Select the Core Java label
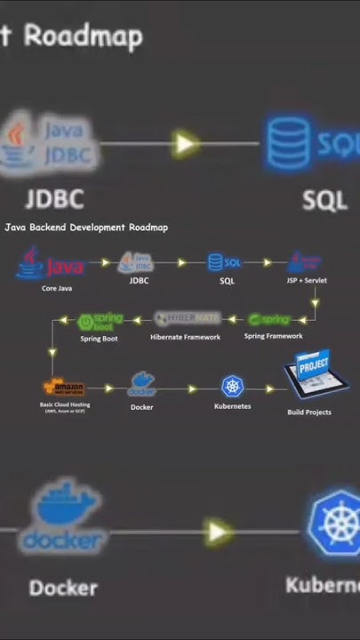click(x=57, y=288)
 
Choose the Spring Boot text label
click(x=100, y=339)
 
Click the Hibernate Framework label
click(x=185, y=337)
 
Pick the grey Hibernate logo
click(x=187, y=318)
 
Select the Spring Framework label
click(x=273, y=336)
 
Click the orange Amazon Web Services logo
click(x=64, y=388)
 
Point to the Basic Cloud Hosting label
click(x=65, y=404)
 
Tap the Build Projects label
click(x=308, y=412)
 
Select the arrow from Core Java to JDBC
click(x=105, y=262)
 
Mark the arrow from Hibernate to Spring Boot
click(x=139, y=318)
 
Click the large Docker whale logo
click(x=65, y=516)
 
